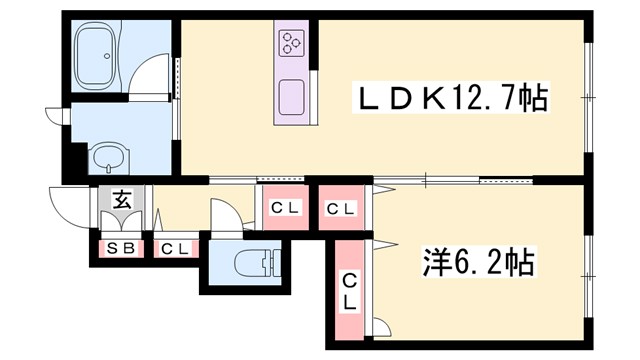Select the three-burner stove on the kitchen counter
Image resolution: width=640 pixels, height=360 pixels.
pyautogui.click(x=291, y=42)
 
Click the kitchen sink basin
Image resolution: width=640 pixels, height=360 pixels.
pyautogui.click(x=291, y=95)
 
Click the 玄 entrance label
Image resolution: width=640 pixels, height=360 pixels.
pyautogui.click(x=121, y=199)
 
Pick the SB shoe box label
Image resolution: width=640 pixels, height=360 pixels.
pyautogui.click(x=120, y=248)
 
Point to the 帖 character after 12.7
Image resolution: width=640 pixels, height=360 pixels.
pyautogui.click(x=536, y=99)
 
